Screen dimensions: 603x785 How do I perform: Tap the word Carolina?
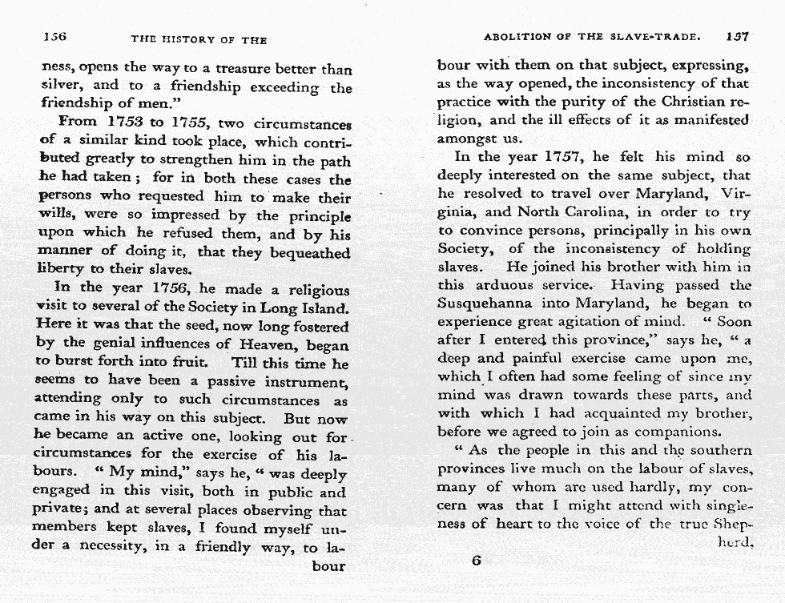590,211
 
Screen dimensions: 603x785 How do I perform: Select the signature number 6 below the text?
476,561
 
